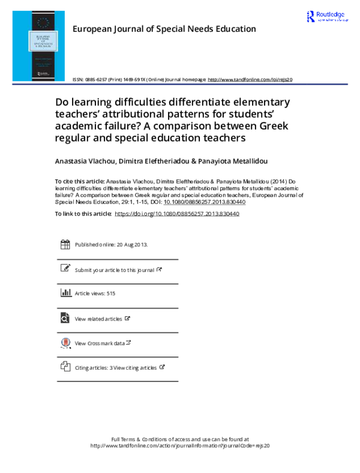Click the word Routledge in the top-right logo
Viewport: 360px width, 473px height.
click(x=331, y=14)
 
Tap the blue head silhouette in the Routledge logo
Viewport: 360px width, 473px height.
click(x=311, y=16)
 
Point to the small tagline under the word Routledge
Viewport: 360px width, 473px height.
click(x=331, y=20)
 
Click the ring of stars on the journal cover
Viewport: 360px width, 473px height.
click(x=42, y=22)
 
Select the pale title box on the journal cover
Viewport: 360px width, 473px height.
click(x=43, y=41)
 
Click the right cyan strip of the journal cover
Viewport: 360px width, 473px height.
click(x=61, y=46)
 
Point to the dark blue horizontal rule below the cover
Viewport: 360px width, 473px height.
click(x=180, y=85)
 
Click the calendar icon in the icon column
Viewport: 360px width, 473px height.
click(x=65, y=244)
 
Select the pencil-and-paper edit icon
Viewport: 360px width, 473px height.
click(x=65, y=268)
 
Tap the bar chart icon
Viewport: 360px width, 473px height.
click(x=66, y=292)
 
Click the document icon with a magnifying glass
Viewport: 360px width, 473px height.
click(x=65, y=318)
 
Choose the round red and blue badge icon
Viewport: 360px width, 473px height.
click(x=65, y=342)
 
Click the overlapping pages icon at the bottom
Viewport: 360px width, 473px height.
click(x=65, y=366)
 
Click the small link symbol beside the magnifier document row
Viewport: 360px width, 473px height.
click(x=127, y=318)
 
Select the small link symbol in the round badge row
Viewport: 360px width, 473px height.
click(x=128, y=342)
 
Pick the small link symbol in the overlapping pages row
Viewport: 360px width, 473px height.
click(x=161, y=366)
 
